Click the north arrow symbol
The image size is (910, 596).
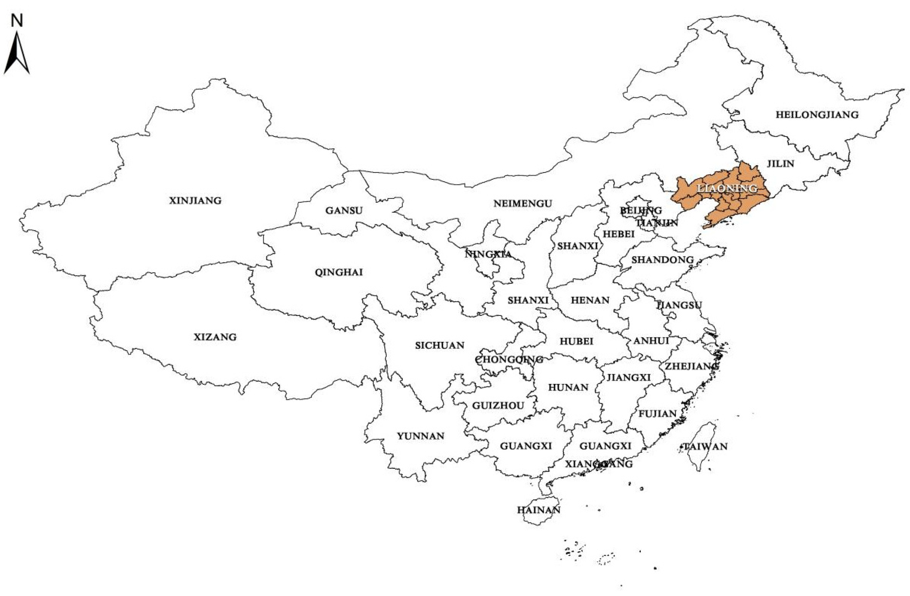point(17,53)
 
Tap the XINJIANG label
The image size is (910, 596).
point(195,201)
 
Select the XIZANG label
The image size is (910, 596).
point(215,337)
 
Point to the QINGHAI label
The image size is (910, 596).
point(339,272)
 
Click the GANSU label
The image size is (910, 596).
point(344,210)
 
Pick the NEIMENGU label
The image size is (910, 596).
point(523,204)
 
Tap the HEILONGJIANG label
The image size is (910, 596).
point(817,114)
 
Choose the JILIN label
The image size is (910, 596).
point(780,164)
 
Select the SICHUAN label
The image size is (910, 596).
point(440,345)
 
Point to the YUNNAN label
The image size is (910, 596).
point(421,436)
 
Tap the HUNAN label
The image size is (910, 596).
point(568,388)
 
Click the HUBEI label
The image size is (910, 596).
point(577,341)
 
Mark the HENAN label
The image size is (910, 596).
point(590,300)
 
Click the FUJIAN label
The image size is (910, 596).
point(658,414)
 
